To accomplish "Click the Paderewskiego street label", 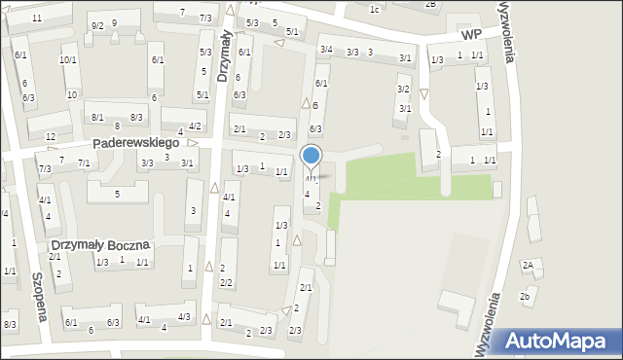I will (x=136, y=143).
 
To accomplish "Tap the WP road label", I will (x=472, y=34).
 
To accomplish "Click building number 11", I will (x=37, y=18).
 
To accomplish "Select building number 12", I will (x=51, y=135).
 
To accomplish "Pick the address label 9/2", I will (x=96, y=25).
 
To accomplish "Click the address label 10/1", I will (x=67, y=60).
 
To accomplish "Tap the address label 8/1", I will (x=97, y=117).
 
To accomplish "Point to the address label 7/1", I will (x=84, y=162).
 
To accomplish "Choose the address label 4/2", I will (x=195, y=126).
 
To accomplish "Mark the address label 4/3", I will (x=183, y=318).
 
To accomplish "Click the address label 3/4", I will (x=326, y=50).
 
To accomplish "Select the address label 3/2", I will (x=403, y=89).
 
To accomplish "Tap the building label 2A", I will (x=528, y=265).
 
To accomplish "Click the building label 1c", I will (x=375, y=9).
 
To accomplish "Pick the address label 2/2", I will (x=226, y=283).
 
